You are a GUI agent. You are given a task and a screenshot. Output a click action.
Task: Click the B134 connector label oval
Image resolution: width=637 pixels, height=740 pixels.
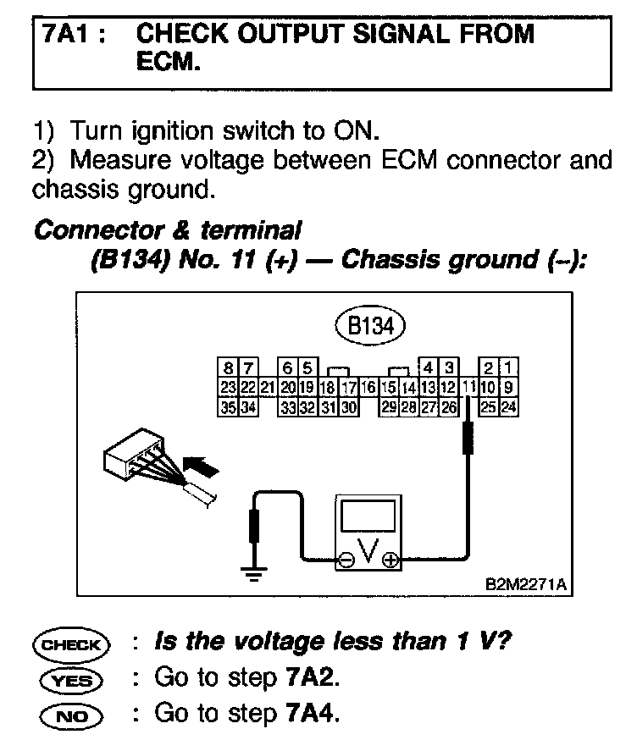point(370,326)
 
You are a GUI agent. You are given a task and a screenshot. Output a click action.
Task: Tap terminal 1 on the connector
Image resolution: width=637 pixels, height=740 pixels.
point(508,367)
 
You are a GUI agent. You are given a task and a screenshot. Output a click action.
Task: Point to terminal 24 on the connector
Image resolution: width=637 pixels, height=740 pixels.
point(508,405)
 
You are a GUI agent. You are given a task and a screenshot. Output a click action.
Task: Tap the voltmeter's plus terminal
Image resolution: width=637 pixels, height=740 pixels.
point(390,559)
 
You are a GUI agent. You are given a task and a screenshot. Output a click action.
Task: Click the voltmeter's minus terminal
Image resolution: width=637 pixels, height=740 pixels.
point(346,559)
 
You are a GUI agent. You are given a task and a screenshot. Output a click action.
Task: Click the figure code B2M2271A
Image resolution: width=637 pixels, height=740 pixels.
point(525,585)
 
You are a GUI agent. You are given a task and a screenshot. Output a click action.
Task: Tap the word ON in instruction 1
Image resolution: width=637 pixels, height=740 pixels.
point(358,132)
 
